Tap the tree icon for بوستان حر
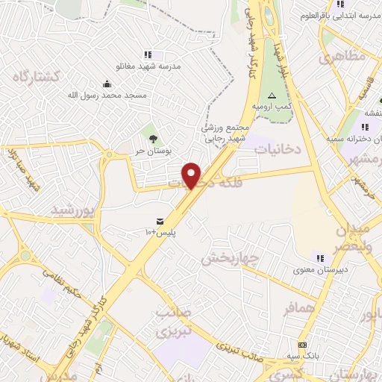click(x=153, y=138)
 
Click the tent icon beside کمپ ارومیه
click(x=272, y=95)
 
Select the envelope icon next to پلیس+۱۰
click(x=160, y=221)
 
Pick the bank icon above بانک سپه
click(x=302, y=345)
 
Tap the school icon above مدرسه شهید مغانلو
click(x=148, y=54)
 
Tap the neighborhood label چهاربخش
click(x=230, y=258)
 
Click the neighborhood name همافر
click(x=283, y=307)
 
